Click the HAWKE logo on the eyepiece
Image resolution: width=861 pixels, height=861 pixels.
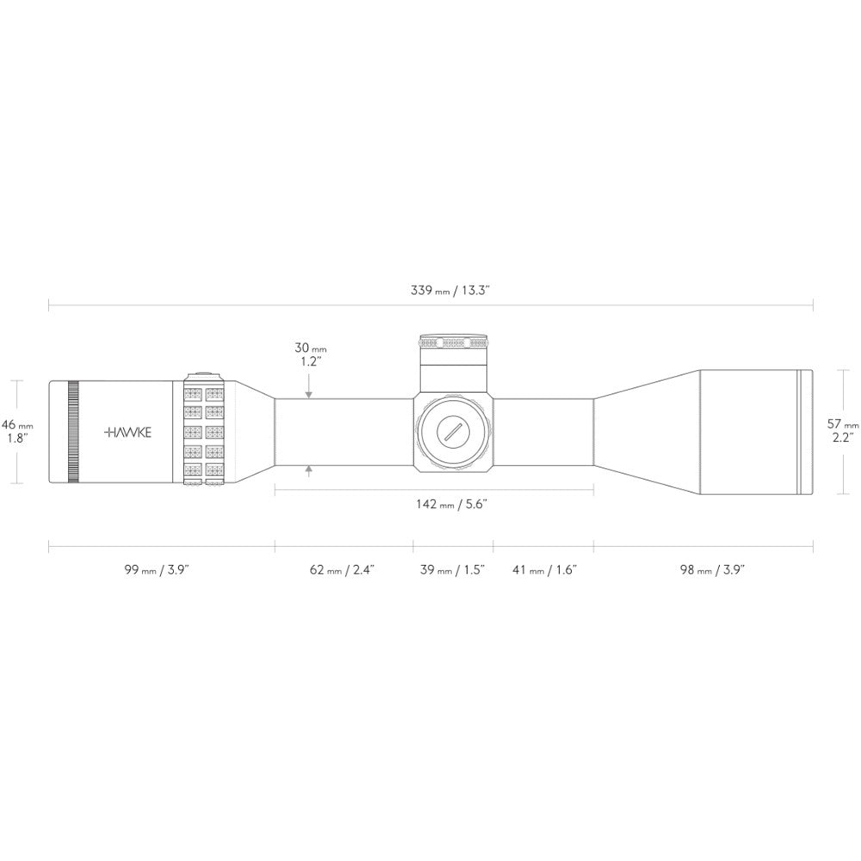127,432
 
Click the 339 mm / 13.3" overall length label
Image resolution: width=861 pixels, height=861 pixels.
449,290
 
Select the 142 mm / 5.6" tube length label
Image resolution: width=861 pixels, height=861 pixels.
451,504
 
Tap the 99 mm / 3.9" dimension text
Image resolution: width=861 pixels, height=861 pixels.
157,569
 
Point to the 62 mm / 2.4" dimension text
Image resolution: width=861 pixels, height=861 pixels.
342,569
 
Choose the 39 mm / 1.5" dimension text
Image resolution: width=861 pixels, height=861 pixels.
453,569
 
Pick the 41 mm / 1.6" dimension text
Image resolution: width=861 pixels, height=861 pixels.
545,569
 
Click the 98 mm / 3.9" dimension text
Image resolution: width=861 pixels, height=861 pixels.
712,569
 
